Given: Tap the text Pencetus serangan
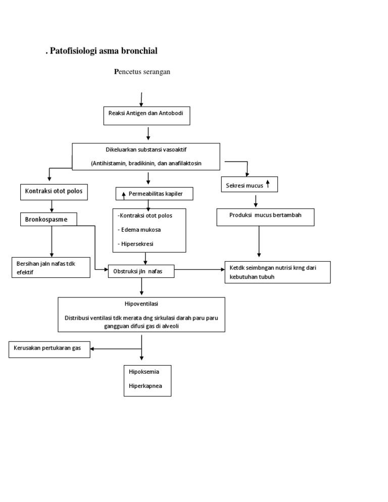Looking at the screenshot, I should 142,72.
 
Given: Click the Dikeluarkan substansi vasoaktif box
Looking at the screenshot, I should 146,157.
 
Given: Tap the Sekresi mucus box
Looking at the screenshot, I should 249,185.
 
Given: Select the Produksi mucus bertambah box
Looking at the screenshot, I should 265,217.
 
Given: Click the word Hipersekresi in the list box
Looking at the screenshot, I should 139,243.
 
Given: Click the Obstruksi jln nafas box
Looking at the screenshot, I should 141,271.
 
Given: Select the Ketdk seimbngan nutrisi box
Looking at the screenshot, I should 277,272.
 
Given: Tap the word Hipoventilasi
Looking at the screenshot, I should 141,304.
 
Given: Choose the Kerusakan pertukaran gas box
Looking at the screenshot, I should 49,349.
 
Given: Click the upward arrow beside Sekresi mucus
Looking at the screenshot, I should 268,185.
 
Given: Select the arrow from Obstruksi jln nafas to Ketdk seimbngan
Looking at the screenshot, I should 200,270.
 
